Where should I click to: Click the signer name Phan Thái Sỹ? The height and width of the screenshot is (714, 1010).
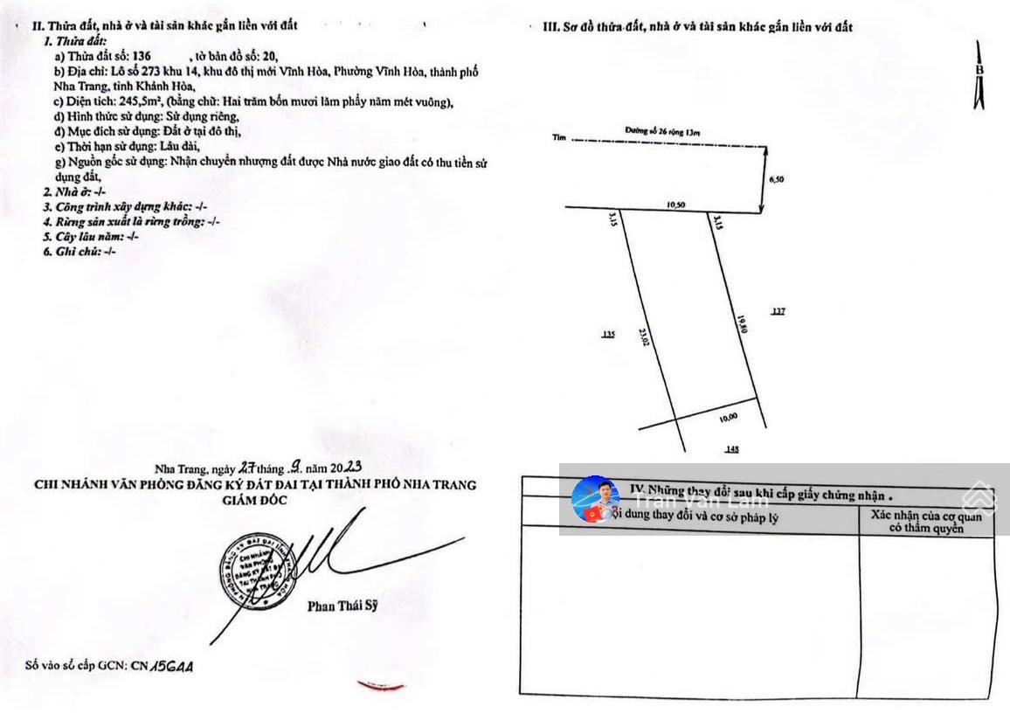[x=342, y=607]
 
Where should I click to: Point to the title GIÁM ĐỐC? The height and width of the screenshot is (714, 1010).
[x=255, y=500]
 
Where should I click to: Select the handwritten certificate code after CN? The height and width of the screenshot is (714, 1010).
[x=172, y=666]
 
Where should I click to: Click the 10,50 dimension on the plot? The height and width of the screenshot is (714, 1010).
[x=674, y=204]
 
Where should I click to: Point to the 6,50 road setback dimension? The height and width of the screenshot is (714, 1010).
[x=776, y=178]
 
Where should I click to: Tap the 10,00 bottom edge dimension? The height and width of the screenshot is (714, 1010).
[x=728, y=417]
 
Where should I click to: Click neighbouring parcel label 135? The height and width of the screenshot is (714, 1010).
[x=608, y=334]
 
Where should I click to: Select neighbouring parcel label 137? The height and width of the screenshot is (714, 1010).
[x=778, y=310]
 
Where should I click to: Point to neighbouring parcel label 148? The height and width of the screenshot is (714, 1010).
[x=732, y=449]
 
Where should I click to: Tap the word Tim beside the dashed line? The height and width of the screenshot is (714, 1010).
[x=559, y=138]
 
